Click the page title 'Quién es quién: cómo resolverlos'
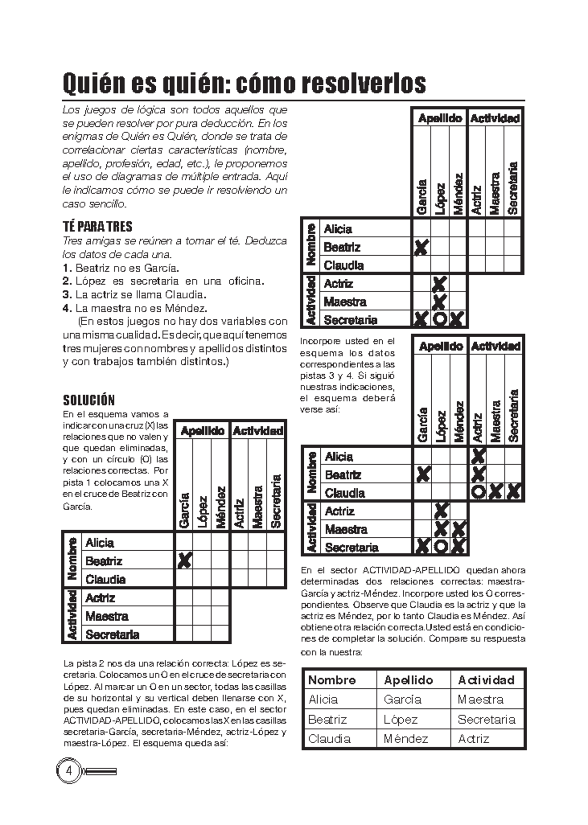click(244, 84)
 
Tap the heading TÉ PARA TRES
click(98, 226)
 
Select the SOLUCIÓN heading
click(89, 400)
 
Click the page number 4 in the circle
click(69, 771)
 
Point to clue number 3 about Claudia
click(133, 295)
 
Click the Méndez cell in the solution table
click(406, 739)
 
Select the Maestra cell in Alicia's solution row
click(480, 700)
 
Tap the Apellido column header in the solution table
click(408, 680)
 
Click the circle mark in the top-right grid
click(440, 319)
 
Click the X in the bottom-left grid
click(184, 560)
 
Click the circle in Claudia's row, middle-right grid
click(477, 492)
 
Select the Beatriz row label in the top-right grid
click(342, 247)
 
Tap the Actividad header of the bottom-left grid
click(258, 431)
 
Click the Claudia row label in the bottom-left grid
click(105, 579)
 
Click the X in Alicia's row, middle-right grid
click(478, 456)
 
